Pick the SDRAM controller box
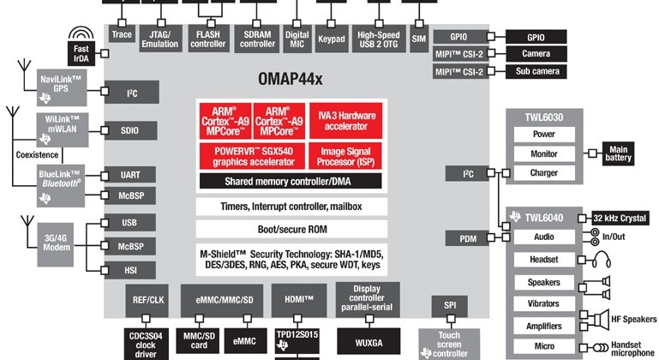257,39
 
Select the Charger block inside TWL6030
543,173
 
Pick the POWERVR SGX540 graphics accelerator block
249,156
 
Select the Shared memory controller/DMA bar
290,182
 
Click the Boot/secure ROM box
289,229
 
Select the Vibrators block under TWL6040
543,303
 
